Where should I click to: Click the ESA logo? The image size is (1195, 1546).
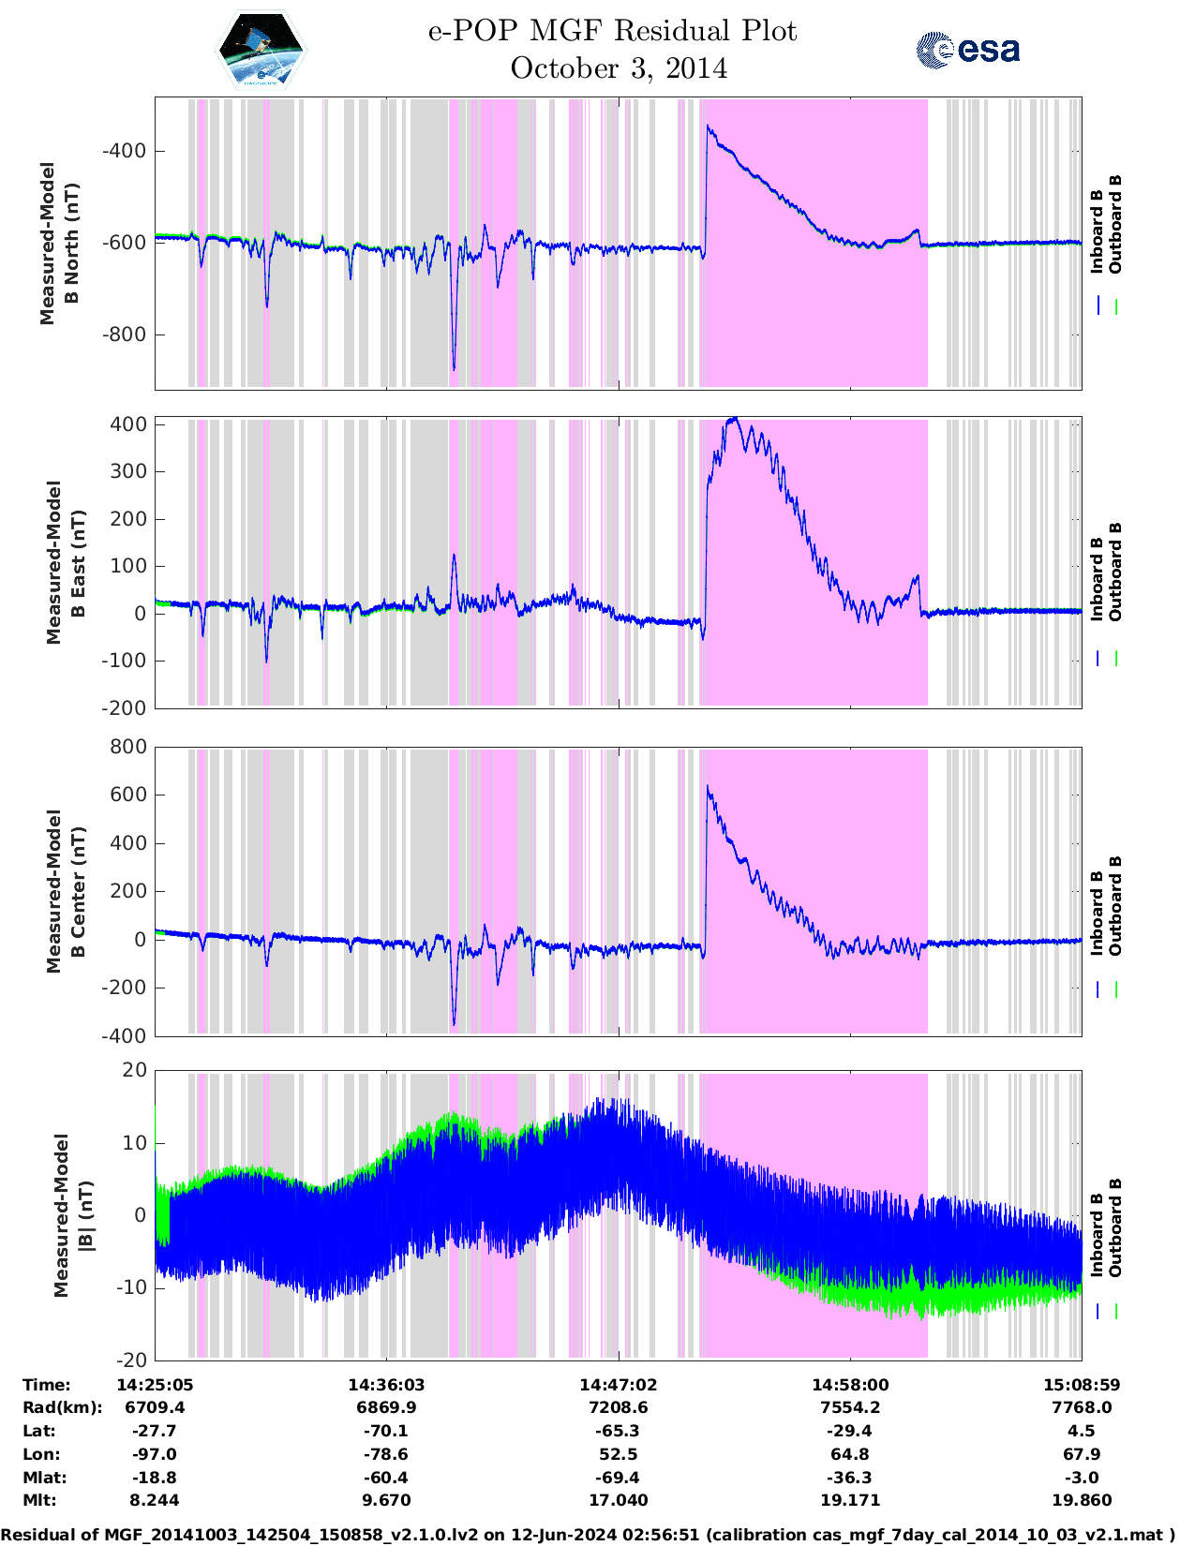point(968,50)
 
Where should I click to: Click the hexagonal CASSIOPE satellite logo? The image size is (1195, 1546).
point(261,50)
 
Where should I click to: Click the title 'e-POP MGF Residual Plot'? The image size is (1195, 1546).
point(612,31)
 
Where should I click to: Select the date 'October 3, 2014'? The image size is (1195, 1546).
point(619,68)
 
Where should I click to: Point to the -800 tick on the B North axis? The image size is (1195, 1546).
point(123,334)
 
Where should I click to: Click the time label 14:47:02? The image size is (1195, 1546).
point(619,1385)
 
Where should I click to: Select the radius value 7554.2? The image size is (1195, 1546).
point(850,1407)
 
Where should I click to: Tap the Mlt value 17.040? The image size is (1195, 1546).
point(619,1500)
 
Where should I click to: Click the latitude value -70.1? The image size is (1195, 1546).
point(386,1431)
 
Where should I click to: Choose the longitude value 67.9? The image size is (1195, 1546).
point(1082,1454)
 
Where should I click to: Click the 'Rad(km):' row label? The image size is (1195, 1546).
point(62,1407)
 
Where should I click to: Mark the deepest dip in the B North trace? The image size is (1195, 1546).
point(454,369)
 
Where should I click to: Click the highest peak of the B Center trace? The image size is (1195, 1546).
point(708,787)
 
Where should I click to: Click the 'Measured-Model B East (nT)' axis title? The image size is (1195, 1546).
point(66,562)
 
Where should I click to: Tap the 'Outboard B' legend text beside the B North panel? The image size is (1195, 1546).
point(1115,225)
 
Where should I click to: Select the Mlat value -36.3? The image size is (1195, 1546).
point(850,1478)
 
